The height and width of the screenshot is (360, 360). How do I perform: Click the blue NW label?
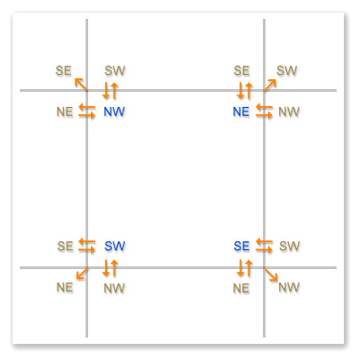(114, 112)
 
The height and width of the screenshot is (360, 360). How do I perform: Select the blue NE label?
(241, 112)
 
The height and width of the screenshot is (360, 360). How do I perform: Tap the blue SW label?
(114, 246)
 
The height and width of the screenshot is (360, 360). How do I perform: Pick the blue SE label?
(241, 246)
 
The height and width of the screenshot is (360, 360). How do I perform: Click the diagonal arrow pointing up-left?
(81, 84)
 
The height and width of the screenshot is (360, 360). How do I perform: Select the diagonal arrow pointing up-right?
(270, 85)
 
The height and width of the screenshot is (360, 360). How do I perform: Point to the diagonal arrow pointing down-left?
(82, 274)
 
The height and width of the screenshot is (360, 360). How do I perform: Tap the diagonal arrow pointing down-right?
(271, 274)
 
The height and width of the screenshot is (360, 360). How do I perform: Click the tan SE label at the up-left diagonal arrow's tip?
(63, 70)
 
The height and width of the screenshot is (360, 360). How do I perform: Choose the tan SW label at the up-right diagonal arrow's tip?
(287, 70)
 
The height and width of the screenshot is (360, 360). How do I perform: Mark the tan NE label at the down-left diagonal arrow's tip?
(65, 287)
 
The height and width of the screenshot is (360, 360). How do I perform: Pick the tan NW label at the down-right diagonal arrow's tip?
(289, 287)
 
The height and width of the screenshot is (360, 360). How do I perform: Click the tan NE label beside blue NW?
(65, 112)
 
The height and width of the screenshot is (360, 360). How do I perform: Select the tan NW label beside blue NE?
(289, 112)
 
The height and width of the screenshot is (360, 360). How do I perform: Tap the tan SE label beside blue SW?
(65, 246)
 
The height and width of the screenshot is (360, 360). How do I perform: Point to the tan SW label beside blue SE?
(290, 246)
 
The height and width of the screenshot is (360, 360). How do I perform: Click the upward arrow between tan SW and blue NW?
(114, 91)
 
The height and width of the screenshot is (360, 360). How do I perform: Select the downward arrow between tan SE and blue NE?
(240, 91)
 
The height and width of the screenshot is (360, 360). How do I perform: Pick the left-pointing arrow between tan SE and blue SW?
(87, 241)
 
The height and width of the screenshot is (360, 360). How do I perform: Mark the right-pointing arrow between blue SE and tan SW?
(265, 249)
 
